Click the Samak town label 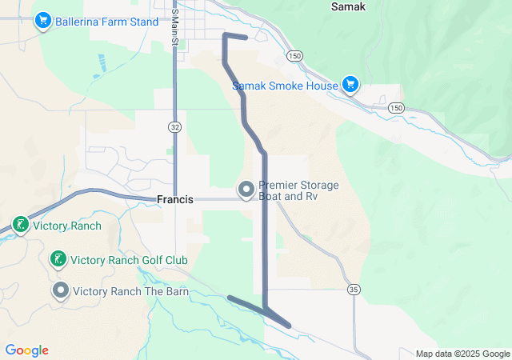(x=348, y=6)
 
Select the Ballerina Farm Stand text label (x=107, y=22)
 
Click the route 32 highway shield (x=174, y=127)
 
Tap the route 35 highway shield (x=352, y=288)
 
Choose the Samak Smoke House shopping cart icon (x=350, y=84)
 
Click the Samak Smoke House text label (x=285, y=86)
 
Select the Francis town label (x=175, y=199)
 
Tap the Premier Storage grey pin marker (x=246, y=190)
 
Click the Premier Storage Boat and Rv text (x=298, y=190)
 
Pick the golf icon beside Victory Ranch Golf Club (x=58, y=259)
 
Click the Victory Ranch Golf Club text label (x=129, y=260)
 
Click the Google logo (x=26, y=350)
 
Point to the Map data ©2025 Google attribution (x=462, y=354)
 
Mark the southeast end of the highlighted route (x=289, y=325)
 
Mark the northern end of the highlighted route (x=245, y=38)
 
